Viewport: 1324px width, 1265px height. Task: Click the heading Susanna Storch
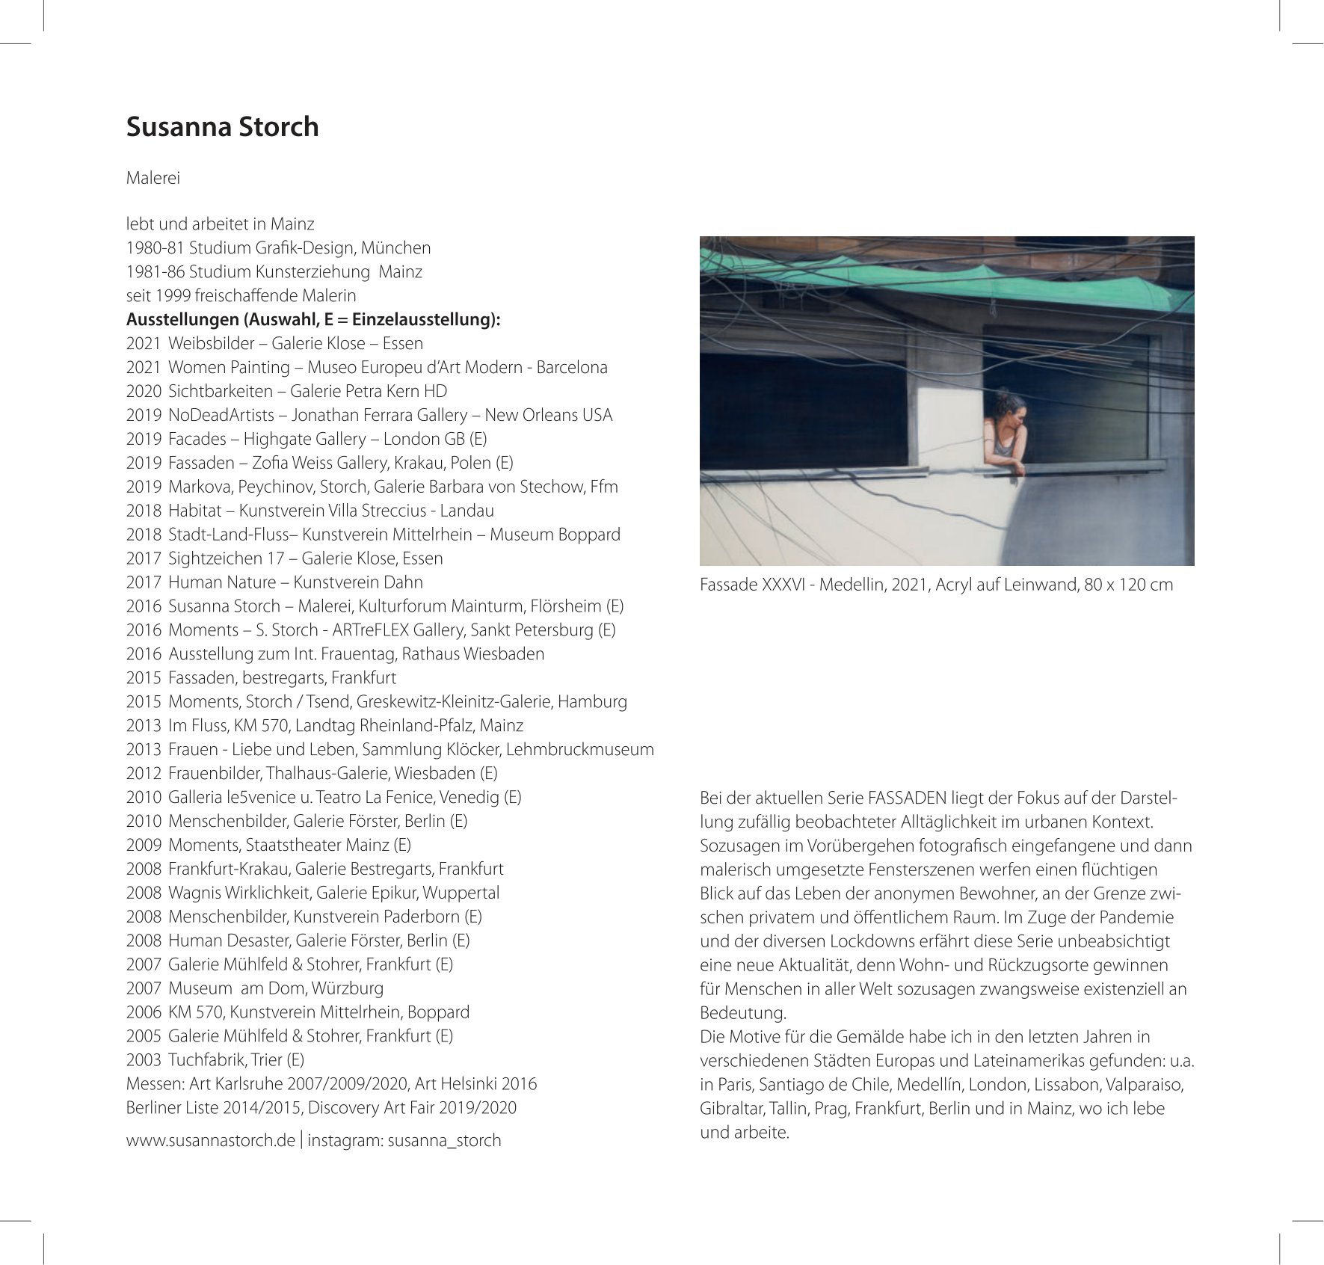point(222,126)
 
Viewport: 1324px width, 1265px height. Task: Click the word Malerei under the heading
point(153,179)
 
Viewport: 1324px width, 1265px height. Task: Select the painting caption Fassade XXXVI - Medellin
point(936,585)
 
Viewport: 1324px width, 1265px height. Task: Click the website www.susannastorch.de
point(210,1140)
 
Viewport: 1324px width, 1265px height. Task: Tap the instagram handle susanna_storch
point(444,1140)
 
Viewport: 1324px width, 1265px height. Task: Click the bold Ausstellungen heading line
point(312,320)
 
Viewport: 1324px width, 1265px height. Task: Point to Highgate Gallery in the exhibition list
point(304,439)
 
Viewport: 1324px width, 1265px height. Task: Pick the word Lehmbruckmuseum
point(591,749)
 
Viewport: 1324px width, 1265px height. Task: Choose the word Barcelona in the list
point(572,367)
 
